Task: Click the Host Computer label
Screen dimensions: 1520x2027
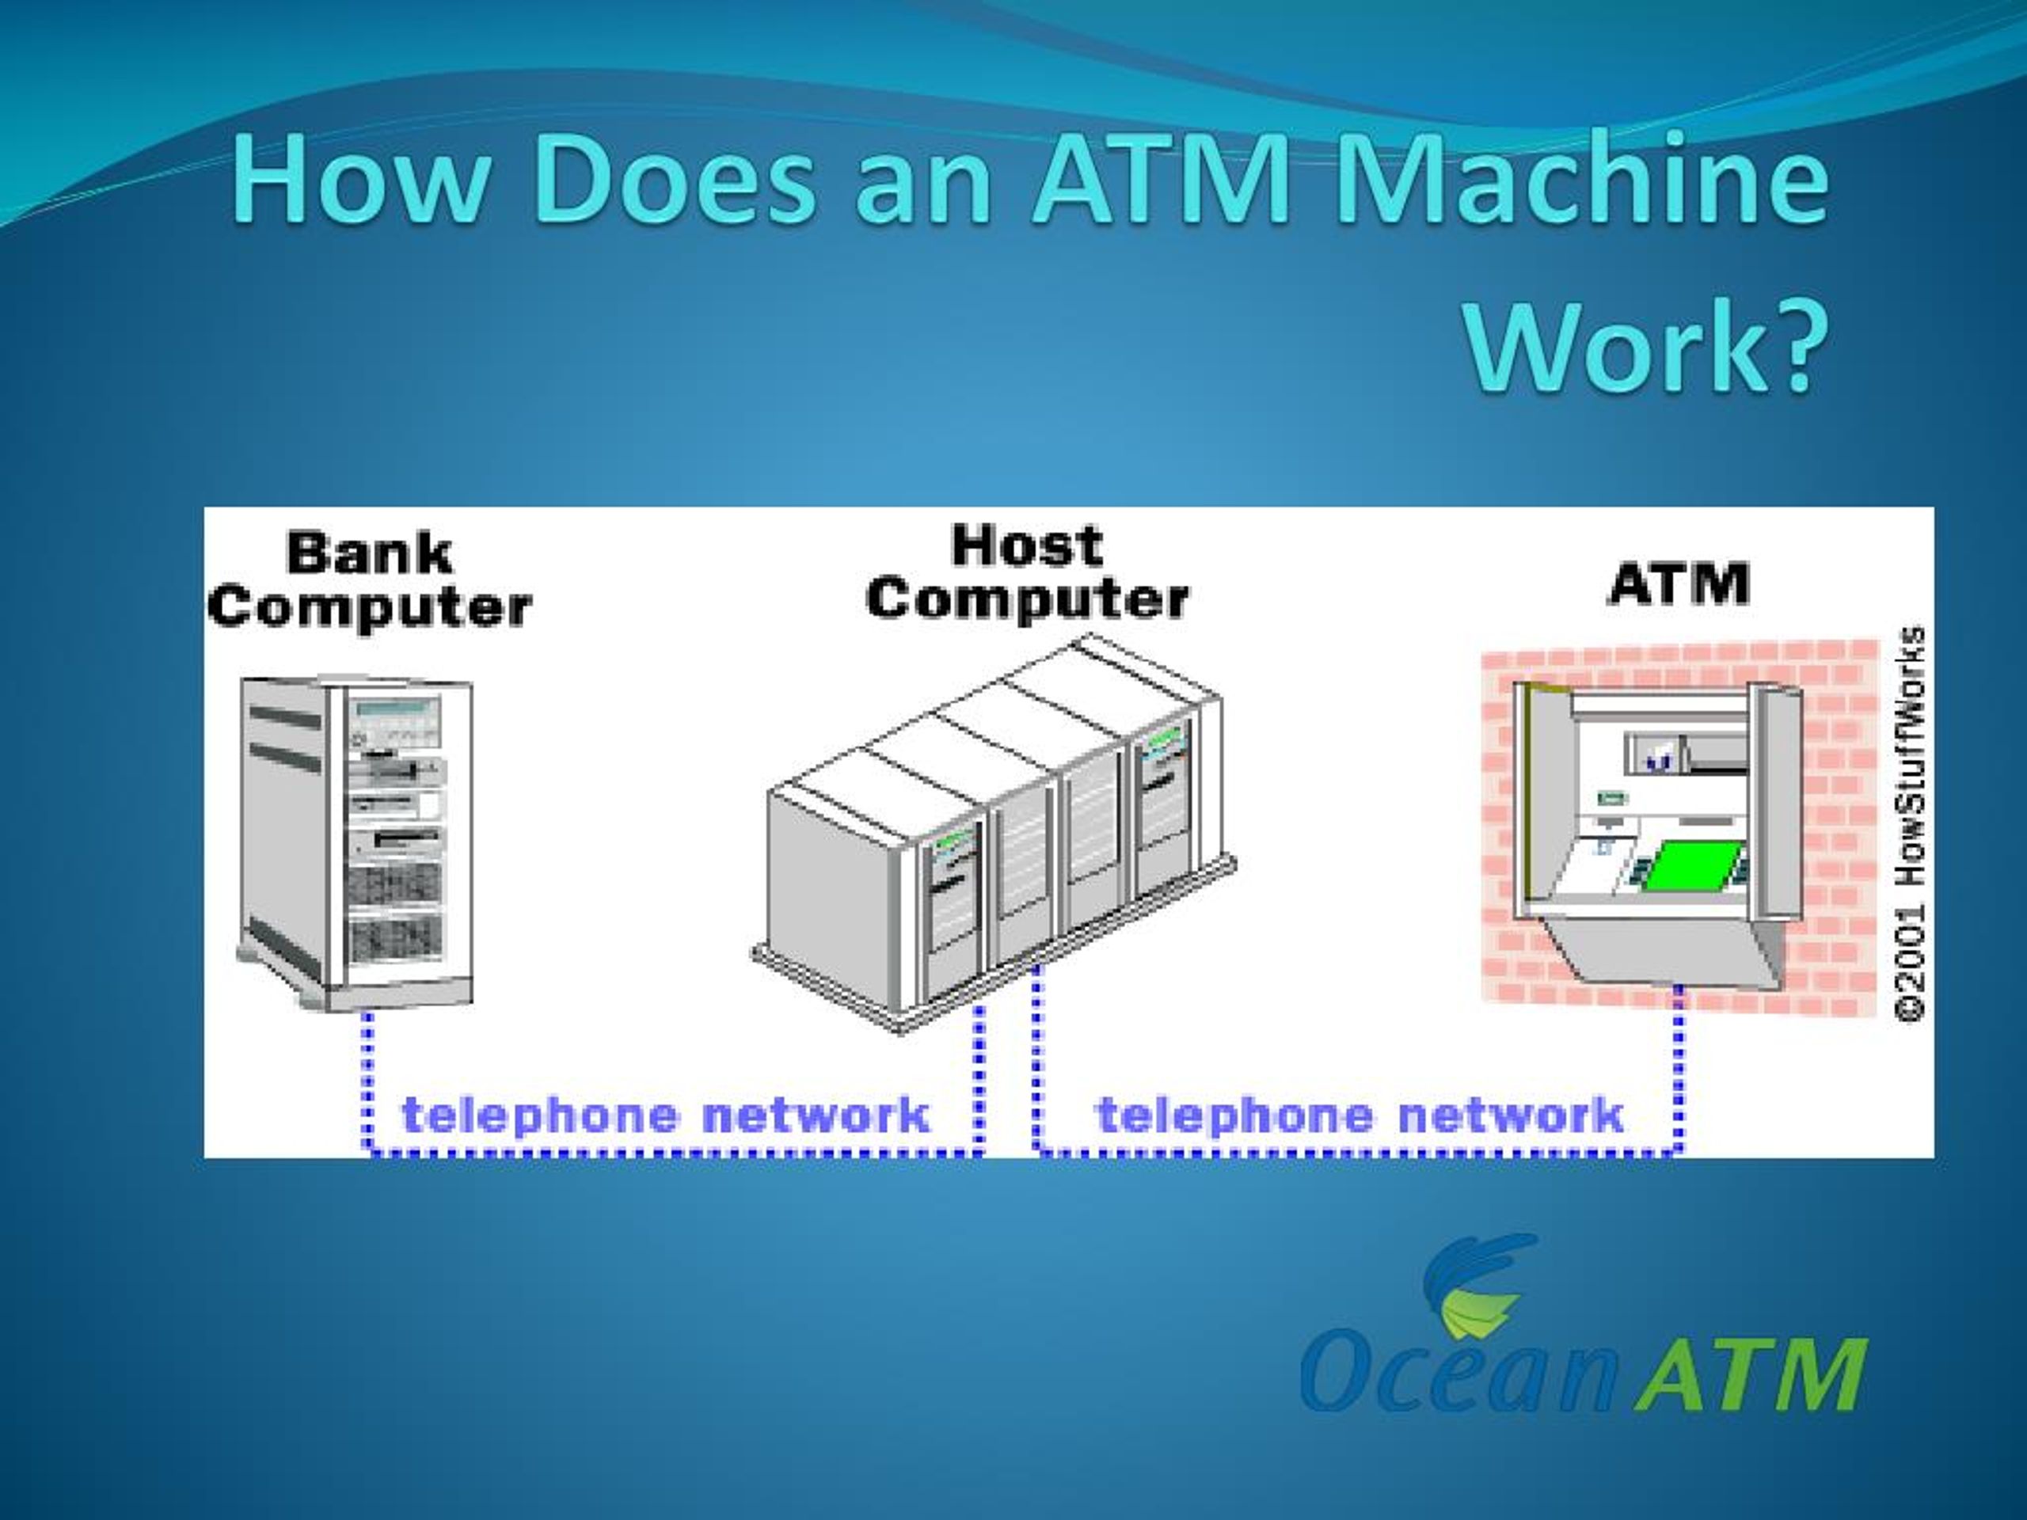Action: (1026, 572)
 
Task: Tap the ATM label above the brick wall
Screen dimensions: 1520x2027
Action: (1678, 583)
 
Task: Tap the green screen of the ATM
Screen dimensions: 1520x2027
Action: (1686, 866)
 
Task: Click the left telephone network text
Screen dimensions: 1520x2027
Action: (666, 1115)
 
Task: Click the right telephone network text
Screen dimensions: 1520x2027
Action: (1360, 1115)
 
